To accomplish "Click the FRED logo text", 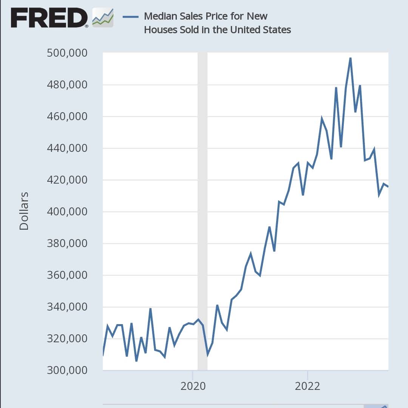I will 49,17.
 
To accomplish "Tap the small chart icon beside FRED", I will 103,17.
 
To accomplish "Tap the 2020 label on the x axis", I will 193,386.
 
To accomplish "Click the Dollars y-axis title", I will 24,211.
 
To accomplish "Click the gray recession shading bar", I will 202,212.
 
